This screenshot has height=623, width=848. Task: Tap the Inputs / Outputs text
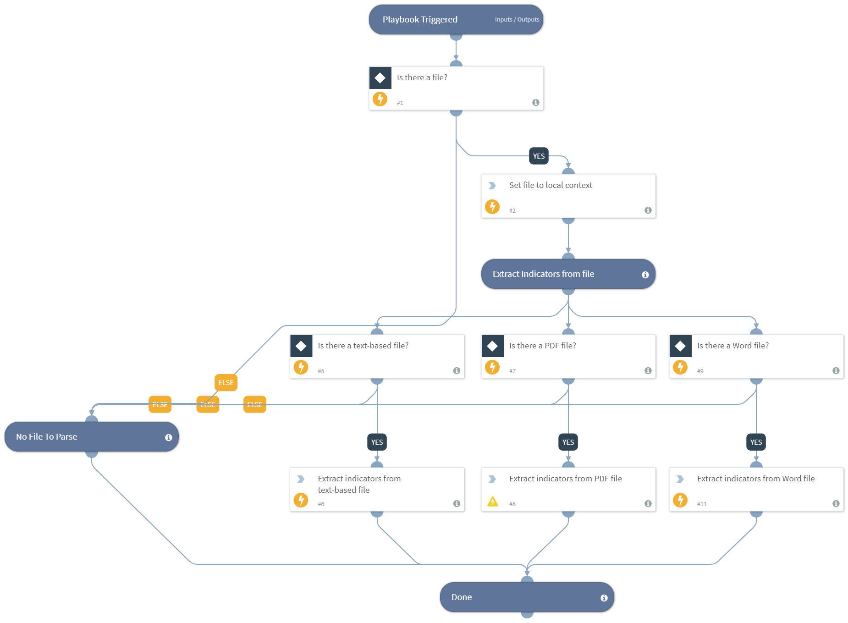pyautogui.click(x=517, y=20)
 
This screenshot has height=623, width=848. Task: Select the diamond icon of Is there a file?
pyautogui.click(x=380, y=78)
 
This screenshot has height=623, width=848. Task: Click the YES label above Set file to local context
pyautogui.click(x=539, y=156)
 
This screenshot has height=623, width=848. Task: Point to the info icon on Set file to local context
pyautogui.click(x=648, y=210)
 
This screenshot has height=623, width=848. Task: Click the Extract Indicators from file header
pyautogui.click(x=543, y=274)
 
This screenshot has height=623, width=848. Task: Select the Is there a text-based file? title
pyautogui.click(x=363, y=346)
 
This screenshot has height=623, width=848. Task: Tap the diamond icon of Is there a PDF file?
pyautogui.click(x=492, y=346)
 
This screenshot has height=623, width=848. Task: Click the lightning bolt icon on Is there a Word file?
pyautogui.click(x=680, y=367)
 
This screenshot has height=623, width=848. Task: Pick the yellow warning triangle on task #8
pyautogui.click(x=492, y=502)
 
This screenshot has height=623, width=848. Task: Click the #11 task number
pyautogui.click(x=701, y=504)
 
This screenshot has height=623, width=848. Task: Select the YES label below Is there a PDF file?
pyautogui.click(x=568, y=442)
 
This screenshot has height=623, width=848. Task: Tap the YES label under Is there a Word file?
pyautogui.click(x=756, y=442)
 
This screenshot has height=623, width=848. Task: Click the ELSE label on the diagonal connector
pyautogui.click(x=226, y=382)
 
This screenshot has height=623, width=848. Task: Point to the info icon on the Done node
pyautogui.click(x=604, y=598)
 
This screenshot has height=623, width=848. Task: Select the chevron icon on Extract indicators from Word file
pyautogui.click(x=680, y=479)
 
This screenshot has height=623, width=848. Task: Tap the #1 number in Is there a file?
pyautogui.click(x=400, y=103)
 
